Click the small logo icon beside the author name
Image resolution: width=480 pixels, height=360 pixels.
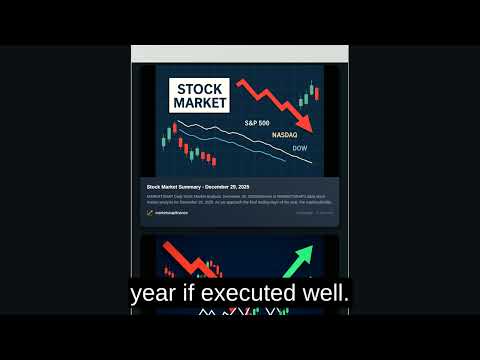coord(149,213)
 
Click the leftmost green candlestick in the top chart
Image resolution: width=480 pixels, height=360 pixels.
coord(175,130)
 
